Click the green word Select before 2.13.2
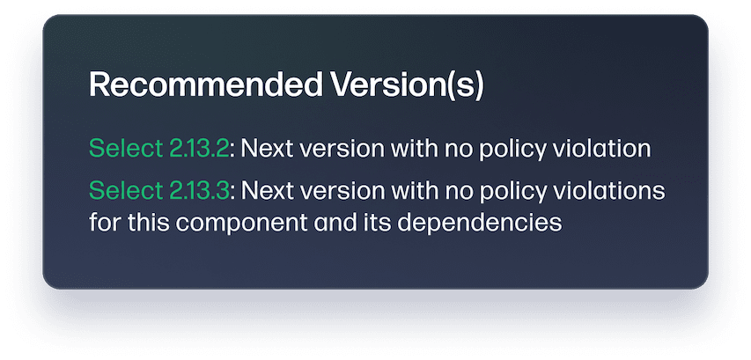pyautogui.click(x=125, y=148)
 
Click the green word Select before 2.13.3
pyautogui.click(x=125, y=191)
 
